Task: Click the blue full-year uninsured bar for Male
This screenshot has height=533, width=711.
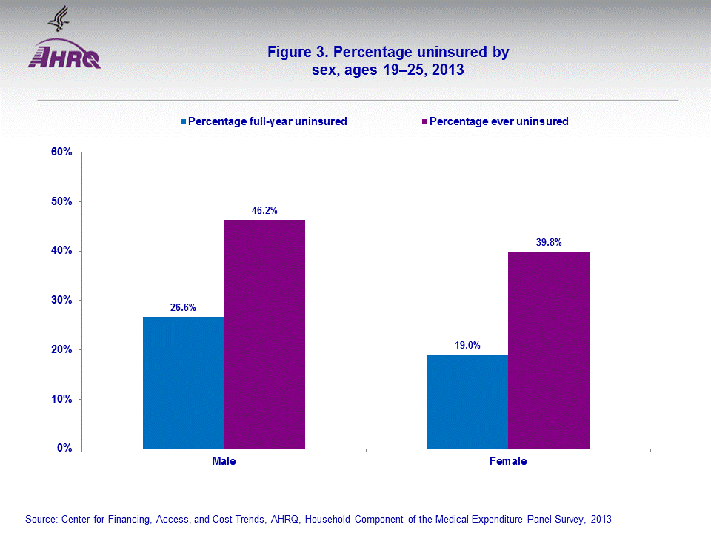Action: tap(184, 382)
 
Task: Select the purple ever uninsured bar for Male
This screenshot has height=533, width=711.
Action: tap(264, 334)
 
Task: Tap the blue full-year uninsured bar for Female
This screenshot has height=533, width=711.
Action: tap(468, 401)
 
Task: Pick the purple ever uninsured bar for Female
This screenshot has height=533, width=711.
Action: tap(549, 349)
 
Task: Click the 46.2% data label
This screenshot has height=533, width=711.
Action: tap(264, 211)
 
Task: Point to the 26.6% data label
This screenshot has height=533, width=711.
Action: tap(183, 307)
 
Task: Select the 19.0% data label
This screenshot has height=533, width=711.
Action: tap(468, 345)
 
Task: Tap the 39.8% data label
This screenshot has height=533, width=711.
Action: tap(549, 242)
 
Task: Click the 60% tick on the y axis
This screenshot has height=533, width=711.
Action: tap(61, 152)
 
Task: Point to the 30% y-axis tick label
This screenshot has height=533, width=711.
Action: tap(61, 301)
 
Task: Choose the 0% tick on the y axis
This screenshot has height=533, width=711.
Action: tap(64, 449)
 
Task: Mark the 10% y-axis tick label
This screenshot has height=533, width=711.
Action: tap(61, 399)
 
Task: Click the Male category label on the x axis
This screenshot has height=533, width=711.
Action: tap(224, 461)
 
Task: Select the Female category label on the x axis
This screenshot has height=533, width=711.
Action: tap(508, 461)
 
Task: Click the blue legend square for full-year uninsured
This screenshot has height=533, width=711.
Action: tap(184, 121)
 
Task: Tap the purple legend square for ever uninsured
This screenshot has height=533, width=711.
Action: tap(424, 121)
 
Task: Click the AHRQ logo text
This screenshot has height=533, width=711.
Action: tap(64, 58)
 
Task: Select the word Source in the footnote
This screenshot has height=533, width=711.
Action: tap(41, 519)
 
